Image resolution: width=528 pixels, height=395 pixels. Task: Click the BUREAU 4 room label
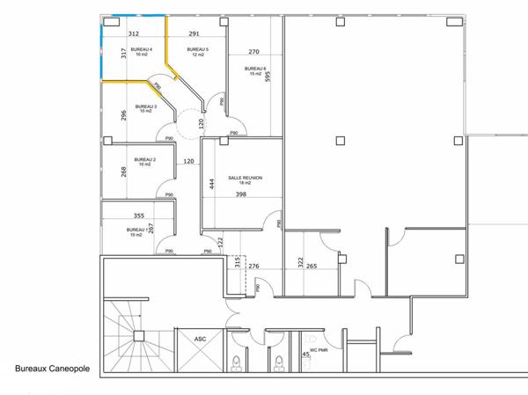click(x=142, y=49)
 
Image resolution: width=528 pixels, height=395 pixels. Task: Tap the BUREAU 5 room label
click(x=196, y=49)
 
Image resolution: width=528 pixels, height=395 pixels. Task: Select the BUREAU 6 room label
click(x=253, y=68)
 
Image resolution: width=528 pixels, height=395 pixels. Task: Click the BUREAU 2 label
click(x=145, y=159)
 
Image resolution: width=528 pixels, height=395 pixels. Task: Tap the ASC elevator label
click(x=200, y=339)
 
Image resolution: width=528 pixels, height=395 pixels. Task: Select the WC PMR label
click(x=318, y=339)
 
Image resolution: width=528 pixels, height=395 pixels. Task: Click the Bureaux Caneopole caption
click(x=52, y=369)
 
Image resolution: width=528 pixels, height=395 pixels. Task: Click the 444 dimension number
click(x=211, y=184)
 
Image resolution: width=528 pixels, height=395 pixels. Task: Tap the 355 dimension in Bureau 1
click(x=139, y=216)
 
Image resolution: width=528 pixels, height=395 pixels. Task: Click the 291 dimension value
click(x=194, y=33)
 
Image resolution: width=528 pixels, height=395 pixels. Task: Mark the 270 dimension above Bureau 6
click(x=253, y=52)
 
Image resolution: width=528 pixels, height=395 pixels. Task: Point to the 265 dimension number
click(x=312, y=266)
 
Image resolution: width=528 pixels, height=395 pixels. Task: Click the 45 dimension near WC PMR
click(x=305, y=355)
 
